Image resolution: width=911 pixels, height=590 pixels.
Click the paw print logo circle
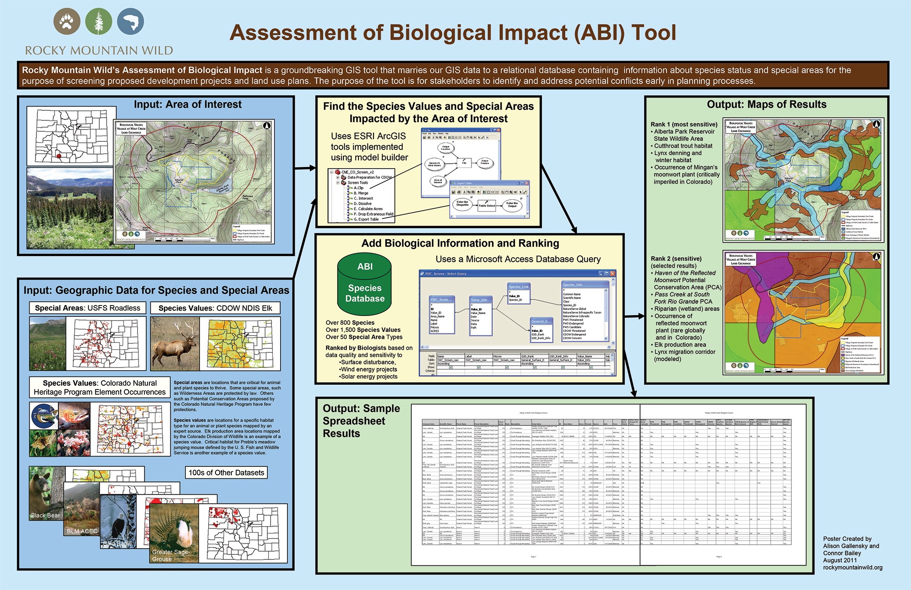(67, 21)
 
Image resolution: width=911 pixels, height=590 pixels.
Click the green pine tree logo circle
(98, 21)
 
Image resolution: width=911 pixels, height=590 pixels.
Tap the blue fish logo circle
(130, 21)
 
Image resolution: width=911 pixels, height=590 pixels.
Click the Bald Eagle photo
(118, 522)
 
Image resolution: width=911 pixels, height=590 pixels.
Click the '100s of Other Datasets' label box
(226, 472)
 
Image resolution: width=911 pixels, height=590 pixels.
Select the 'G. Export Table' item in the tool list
(366, 219)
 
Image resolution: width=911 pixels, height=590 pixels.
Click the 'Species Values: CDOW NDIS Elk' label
(215, 308)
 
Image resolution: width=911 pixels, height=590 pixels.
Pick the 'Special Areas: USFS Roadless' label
(87, 308)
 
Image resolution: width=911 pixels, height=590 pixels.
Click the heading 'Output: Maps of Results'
(767, 104)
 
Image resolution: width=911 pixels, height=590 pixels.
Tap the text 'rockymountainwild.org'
(853, 568)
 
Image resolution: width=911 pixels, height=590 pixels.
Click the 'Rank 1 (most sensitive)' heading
(684, 124)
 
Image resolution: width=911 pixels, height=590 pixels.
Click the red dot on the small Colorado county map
(59, 156)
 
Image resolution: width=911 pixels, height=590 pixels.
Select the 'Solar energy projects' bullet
(369, 377)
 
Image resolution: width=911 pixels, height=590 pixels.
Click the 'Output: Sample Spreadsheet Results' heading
(361, 421)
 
